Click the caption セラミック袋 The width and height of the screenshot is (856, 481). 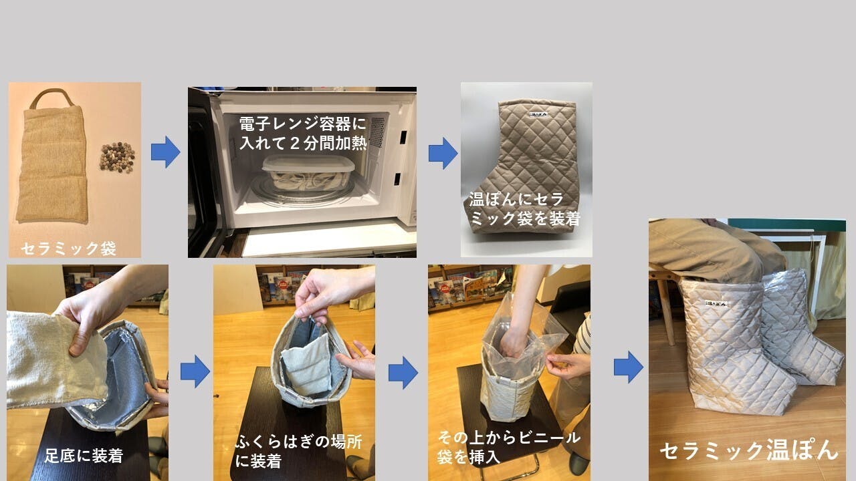68,249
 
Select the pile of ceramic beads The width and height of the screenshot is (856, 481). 117,157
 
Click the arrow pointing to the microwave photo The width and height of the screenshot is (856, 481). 165,152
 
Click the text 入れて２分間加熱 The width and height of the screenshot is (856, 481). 303,143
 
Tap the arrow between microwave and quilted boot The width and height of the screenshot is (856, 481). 443,153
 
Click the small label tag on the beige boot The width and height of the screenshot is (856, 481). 539,114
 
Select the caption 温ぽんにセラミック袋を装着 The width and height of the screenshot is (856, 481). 525,209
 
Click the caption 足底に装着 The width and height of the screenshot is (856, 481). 84,456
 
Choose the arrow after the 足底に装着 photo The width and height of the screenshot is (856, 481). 195,371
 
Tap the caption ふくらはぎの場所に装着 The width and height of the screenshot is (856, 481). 298,451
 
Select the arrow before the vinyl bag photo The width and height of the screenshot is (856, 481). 403,373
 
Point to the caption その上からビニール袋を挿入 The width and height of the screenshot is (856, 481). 509,447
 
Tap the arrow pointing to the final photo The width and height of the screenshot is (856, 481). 629,367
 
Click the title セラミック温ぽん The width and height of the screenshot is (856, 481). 749,451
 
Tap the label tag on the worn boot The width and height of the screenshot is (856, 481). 716,303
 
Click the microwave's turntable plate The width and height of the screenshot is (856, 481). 302,191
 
